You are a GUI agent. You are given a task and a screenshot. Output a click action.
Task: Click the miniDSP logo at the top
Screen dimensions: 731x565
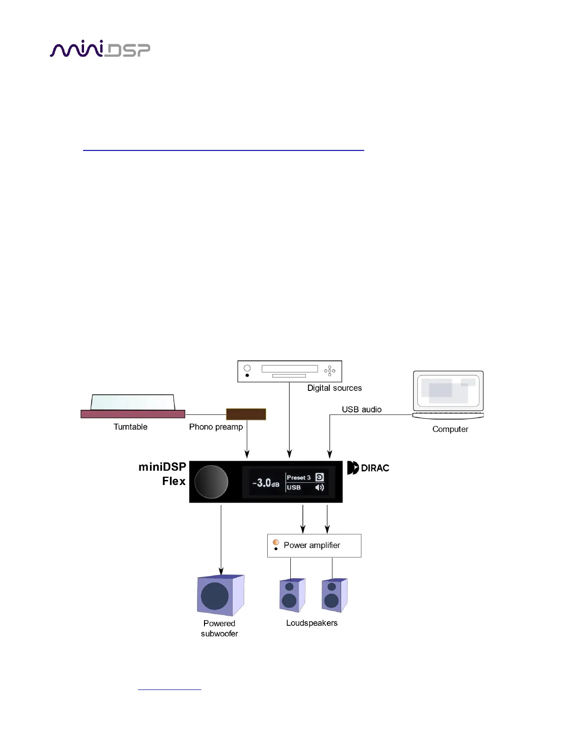(100, 49)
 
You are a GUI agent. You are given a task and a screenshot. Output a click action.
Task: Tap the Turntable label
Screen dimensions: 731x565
(131, 427)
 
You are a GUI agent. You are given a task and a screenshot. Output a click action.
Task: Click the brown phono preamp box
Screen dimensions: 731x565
(246, 414)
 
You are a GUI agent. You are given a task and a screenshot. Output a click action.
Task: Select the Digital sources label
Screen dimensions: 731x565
(335, 388)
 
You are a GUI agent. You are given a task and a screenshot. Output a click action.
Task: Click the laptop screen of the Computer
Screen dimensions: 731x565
(448, 390)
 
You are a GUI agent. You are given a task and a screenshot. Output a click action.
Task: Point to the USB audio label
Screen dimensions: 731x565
(361, 409)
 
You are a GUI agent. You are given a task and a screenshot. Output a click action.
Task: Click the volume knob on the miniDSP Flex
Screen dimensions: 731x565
(211, 482)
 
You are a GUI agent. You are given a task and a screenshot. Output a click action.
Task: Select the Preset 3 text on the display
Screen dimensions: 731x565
(299, 478)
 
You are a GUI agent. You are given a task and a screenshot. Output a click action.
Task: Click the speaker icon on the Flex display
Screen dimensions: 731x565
(319, 487)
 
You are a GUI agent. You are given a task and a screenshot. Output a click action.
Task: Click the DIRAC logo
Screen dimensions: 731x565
(368, 468)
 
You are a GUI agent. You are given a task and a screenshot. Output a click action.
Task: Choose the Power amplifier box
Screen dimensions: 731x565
(314, 545)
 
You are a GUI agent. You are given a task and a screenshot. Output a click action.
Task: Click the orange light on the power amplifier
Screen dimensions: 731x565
(276, 542)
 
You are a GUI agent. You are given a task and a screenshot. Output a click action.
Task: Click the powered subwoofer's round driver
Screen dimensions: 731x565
(215, 596)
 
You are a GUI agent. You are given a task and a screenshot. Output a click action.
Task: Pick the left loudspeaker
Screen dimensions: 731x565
(292, 595)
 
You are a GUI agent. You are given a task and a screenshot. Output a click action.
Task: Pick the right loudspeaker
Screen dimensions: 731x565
(334, 595)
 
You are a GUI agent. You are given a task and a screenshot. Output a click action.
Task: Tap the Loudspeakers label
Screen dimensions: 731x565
(312, 623)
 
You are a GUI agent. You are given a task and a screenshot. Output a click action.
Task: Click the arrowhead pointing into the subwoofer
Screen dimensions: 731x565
(221, 571)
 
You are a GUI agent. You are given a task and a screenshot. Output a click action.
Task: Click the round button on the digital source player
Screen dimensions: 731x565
(247, 368)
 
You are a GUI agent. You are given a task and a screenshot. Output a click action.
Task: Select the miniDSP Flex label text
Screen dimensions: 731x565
(163, 474)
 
